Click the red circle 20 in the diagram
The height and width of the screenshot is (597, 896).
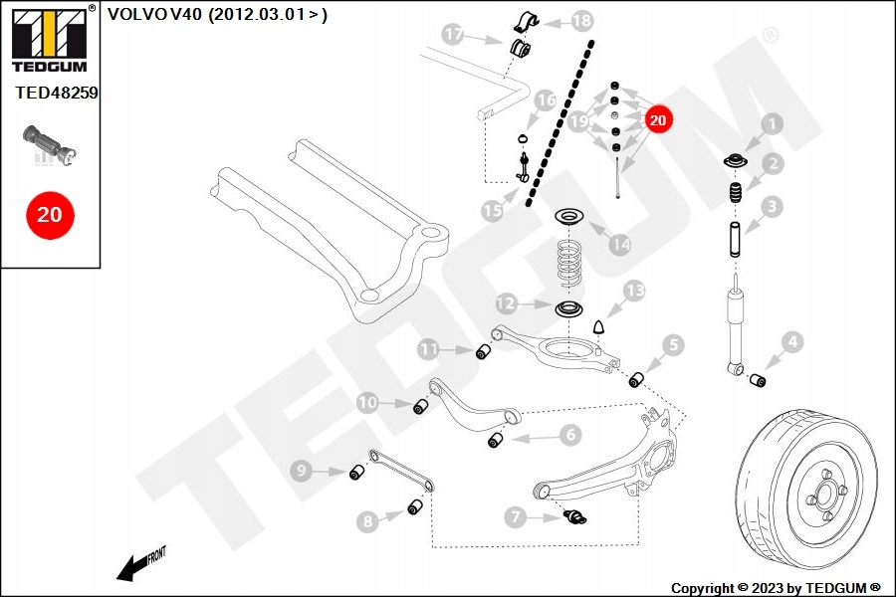[x=656, y=119]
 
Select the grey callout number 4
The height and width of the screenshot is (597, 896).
[x=790, y=343]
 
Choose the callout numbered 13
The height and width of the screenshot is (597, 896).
[x=634, y=291]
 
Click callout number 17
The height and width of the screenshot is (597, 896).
[x=454, y=36]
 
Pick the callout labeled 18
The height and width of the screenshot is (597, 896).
[x=582, y=20]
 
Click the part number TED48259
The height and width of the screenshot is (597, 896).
[x=57, y=93]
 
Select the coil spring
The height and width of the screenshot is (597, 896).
[x=569, y=261]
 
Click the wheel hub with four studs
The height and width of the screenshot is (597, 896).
[x=822, y=495]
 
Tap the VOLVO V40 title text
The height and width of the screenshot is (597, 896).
[x=217, y=14]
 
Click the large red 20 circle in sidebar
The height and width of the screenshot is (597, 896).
[x=49, y=213]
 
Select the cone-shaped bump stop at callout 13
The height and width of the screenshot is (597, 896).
[x=600, y=327]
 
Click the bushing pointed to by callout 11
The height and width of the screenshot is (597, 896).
[x=486, y=351]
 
